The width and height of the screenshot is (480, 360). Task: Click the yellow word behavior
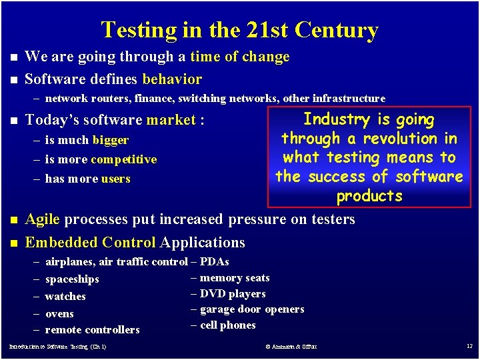[172, 79]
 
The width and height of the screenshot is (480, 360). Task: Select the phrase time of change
[240, 57]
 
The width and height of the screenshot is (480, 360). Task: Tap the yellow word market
[171, 121]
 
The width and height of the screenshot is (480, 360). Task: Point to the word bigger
[111, 141]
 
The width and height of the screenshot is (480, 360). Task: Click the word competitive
[124, 160]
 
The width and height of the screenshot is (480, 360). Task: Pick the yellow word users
[116, 179]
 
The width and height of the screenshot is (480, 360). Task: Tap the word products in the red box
[369, 197]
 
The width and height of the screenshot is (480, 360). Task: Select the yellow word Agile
[42, 219]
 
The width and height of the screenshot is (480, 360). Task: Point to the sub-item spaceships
[72, 279]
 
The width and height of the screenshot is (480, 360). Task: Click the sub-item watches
[65, 297]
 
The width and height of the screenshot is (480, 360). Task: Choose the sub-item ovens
[59, 314]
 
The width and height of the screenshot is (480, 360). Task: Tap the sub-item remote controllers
[92, 330]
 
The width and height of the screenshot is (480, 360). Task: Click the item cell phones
[228, 325]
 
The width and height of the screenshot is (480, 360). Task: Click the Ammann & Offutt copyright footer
[291, 347]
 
